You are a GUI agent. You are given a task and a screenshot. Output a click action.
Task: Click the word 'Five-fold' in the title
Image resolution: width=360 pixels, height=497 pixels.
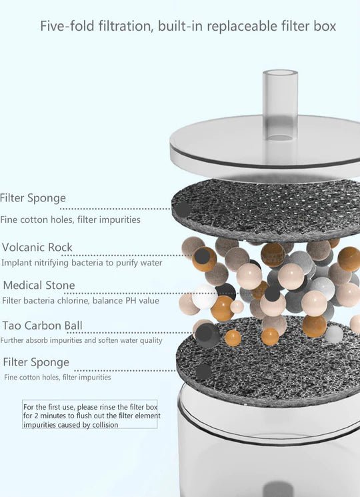pos(67,25)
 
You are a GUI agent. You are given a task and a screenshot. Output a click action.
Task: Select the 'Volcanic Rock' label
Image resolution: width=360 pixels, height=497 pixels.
pos(37,247)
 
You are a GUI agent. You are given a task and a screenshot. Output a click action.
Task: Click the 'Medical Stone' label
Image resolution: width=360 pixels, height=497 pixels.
pos(39,286)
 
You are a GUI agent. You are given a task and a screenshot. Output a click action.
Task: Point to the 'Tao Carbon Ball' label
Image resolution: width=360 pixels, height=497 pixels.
pos(43,326)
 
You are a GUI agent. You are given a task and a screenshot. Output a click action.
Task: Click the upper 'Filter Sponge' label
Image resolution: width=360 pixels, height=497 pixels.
pos(33,197)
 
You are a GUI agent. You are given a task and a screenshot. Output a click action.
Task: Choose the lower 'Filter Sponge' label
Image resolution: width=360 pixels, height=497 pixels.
pos(36,362)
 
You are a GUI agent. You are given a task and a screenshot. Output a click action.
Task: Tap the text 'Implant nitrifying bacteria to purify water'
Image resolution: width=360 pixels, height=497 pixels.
pos(82,263)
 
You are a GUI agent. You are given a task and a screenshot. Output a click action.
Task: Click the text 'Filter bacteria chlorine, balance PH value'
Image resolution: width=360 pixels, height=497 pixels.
pos(81,300)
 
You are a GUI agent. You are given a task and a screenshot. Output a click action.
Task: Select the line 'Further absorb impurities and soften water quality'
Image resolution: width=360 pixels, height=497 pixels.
pos(81,340)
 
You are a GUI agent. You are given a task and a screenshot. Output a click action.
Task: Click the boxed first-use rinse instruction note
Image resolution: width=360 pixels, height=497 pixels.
pos(90,414)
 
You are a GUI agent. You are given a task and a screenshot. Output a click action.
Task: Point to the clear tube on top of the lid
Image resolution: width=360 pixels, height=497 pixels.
pos(280,105)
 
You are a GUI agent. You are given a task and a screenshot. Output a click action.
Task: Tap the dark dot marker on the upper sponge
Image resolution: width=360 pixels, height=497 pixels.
pos(183,209)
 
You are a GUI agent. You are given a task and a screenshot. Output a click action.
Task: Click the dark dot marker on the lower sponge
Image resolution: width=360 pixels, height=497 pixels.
pos(203,371)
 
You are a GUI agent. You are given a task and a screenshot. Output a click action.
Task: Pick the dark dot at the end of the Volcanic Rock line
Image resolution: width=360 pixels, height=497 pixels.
pos(202,256)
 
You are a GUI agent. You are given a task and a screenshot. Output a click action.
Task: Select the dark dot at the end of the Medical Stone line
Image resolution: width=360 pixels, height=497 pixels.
pos(272,294)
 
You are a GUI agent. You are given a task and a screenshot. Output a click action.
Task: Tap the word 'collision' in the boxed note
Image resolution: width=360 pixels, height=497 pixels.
pos(105,424)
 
